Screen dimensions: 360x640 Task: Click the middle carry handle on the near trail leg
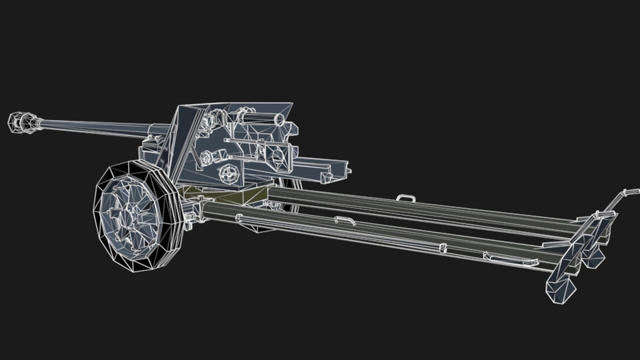[345, 220]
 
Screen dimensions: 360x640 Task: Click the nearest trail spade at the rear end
[560, 290]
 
